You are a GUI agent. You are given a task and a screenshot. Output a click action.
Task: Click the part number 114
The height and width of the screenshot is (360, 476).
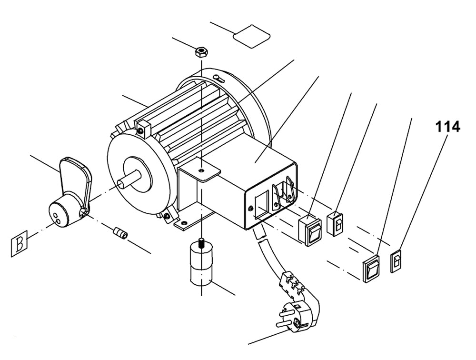446,127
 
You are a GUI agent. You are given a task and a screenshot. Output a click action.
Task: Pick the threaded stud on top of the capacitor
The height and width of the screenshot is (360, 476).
201,242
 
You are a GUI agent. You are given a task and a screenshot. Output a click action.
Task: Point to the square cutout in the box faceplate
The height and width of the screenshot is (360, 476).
261,205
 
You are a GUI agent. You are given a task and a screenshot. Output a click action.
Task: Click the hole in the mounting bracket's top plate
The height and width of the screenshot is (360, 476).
202,169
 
